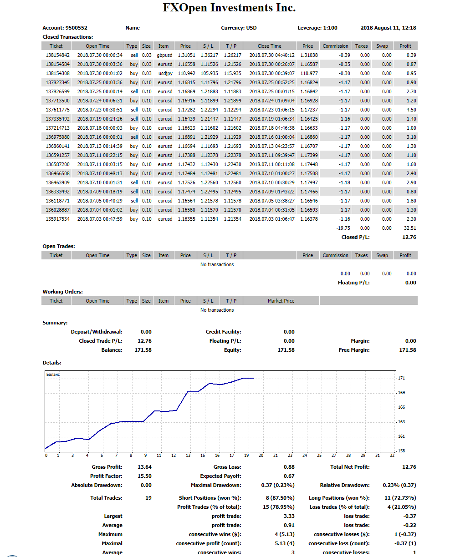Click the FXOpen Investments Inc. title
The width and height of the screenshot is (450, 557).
229,8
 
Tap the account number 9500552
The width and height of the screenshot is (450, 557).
76,28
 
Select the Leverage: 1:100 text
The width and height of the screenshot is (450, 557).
317,28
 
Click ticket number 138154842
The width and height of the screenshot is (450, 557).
57,55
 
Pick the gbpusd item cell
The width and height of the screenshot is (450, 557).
165,55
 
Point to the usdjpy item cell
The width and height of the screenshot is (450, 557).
165,73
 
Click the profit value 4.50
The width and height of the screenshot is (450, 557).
411,110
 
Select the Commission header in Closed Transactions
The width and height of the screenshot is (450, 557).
335,46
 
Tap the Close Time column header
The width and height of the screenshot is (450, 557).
269,46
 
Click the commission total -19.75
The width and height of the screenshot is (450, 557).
343,228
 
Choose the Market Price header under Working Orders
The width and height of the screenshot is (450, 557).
281,301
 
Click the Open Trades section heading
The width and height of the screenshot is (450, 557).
59,246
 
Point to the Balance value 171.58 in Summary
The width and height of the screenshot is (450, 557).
143,350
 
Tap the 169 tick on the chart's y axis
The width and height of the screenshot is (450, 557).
401,393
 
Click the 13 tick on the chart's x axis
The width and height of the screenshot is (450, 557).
188,456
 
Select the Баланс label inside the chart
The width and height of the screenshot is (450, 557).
53,375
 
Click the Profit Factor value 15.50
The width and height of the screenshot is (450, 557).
144,476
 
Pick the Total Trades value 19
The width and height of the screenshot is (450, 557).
148,498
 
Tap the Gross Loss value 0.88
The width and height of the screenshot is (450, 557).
289,467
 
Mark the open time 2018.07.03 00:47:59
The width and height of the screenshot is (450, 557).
100,219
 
